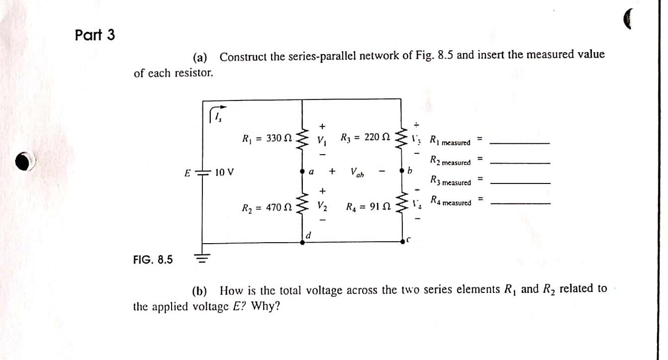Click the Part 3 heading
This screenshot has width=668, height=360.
[95, 35]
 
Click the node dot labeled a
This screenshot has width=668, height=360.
[302, 171]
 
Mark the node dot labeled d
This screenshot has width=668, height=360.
[302, 242]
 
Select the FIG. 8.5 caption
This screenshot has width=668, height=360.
[153, 259]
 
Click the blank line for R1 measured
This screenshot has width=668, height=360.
[520, 143]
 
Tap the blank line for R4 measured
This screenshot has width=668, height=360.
[520, 204]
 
